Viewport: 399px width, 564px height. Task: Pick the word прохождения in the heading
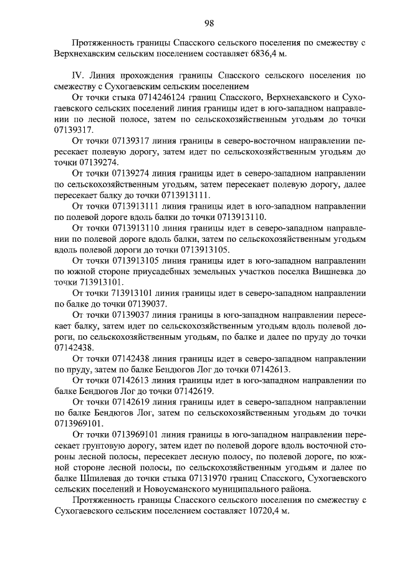[x=149, y=75]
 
